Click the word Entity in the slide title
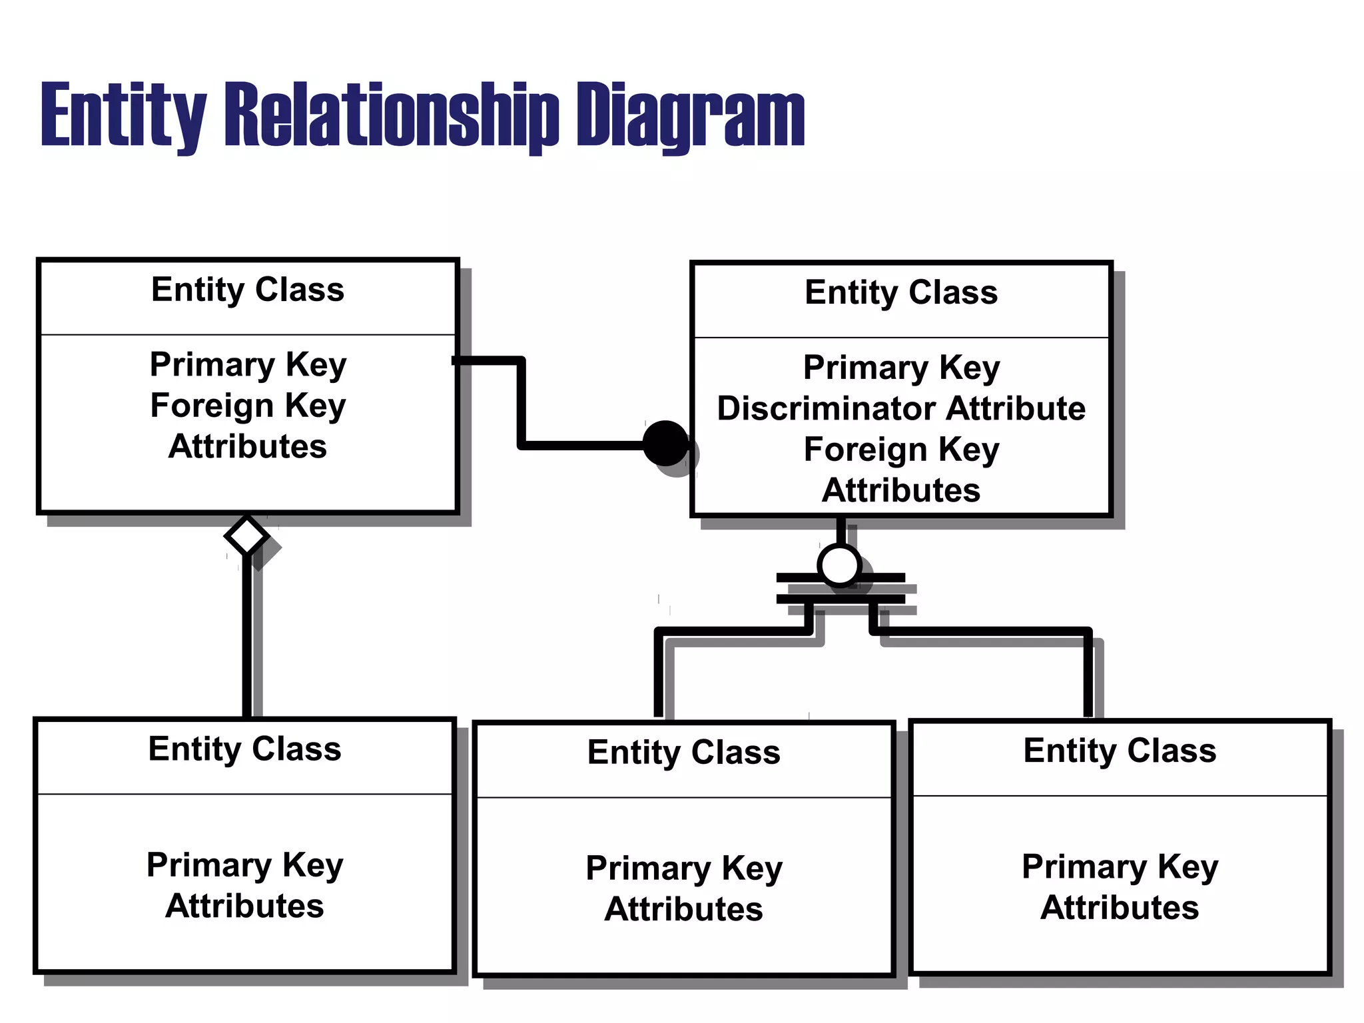pyautogui.click(x=123, y=115)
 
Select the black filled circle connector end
pyautogui.click(x=665, y=444)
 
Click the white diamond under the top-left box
pyautogui.click(x=246, y=535)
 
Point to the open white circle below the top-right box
pyautogui.click(x=839, y=565)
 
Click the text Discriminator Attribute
pyautogui.click(x=901, y=408)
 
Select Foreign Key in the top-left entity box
pyautogui.click(x=248, y=406)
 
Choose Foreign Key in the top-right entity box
pyautogui.click(x=901, y=450)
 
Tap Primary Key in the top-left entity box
pyautogui.click(x=248, y=364)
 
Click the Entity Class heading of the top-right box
pyautogui.click(x=901, y=292)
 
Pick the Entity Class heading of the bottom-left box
pyautogui.click(x=244, y=749)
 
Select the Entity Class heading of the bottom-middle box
pyautogui.click(x=683, y=753)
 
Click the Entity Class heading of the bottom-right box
pyautogui.click(x=1120, y=751)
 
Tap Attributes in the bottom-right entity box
pyautogui.click(x=1120, y=908)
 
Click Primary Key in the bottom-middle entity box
pyautogui.click(x=683, y=868)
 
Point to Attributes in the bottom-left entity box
pyautogui.click(x=244, y=906)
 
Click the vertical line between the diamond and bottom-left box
pyautogui.click(x=247, y=639)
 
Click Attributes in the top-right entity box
pyautogui.click(x=901, y=491)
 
